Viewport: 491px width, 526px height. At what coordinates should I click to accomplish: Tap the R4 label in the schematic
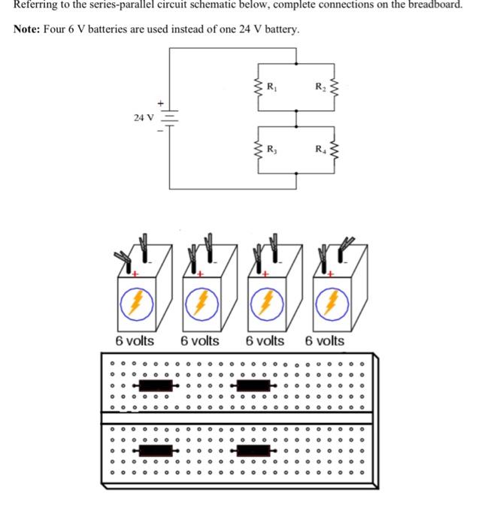pyautogui.click(x=320, y=150)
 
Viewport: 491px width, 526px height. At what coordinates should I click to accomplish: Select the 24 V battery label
pyautogui.click(x=143, y=117)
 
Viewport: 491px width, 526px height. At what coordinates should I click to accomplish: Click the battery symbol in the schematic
pyautogui.click(x=169, y=118)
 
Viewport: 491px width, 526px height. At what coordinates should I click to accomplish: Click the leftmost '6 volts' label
pyautogui.click(x=135, y=340)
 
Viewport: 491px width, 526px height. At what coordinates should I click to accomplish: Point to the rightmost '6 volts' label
pyautogui.click(x=325, y=340)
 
